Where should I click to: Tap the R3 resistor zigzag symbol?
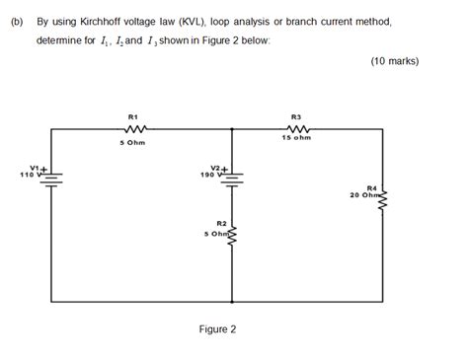click(294, 128)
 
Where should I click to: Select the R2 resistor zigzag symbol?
click(232, 234)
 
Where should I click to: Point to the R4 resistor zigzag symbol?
click(382, 200)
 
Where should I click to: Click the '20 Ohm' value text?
click(364, 194)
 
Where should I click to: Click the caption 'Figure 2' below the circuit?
click(217, 329)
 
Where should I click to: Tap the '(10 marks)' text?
click(395, 61)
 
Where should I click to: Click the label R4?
click(371, 187)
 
